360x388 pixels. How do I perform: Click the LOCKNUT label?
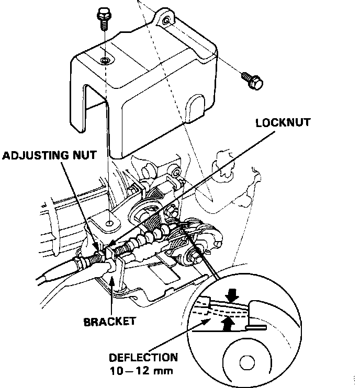(x=283, y=123)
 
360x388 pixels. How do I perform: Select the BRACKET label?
(x=109, y=321)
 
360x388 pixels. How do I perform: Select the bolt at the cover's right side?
(x=253, y=80)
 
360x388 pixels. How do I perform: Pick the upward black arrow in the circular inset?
(x=228, y=325)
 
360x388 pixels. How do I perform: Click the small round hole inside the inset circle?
(x=244, y=362)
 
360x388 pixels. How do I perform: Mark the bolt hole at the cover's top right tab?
(x=165, y=21)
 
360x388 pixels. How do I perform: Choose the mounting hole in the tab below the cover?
(x=109, y=223)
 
